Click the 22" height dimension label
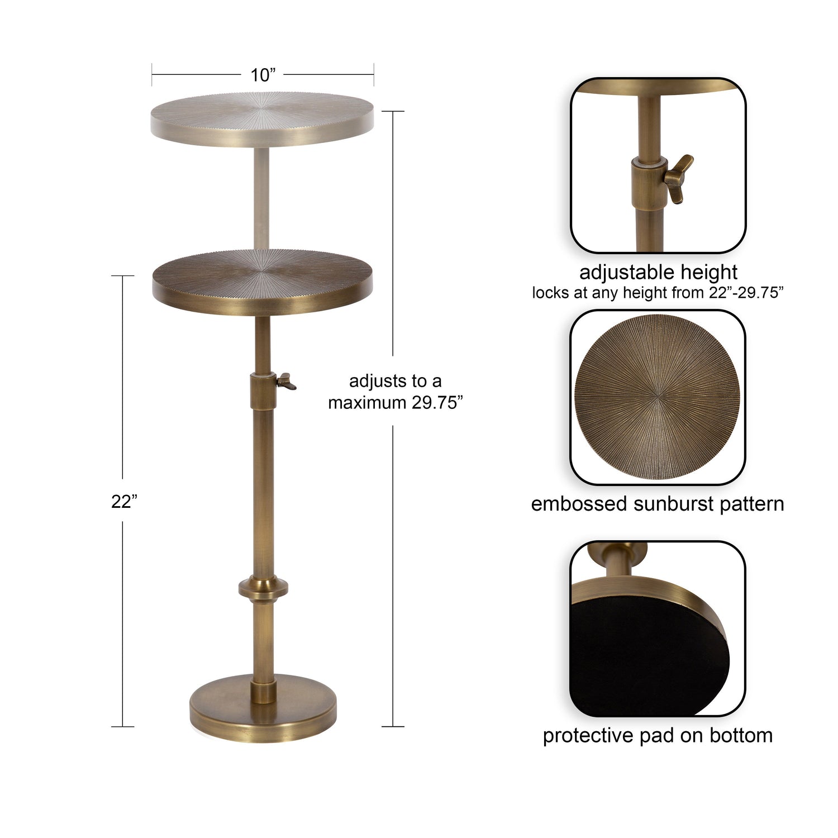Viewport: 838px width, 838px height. click(124, 502)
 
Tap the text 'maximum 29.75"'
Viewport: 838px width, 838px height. click(396, 403)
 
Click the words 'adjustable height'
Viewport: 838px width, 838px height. click(658, 273)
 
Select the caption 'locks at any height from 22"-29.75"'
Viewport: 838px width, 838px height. click(658, 293)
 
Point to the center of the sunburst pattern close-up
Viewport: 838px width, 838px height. click(658, 397)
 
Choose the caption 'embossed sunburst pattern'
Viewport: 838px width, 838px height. click(658, 504)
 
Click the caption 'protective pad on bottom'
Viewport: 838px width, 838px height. click(658, 735)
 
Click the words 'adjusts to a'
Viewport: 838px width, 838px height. click(396, 381)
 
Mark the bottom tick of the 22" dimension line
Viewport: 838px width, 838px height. click(123, 727)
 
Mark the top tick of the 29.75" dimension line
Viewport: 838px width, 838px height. click(393, 112)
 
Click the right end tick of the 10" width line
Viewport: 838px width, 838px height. click(374, 75)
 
